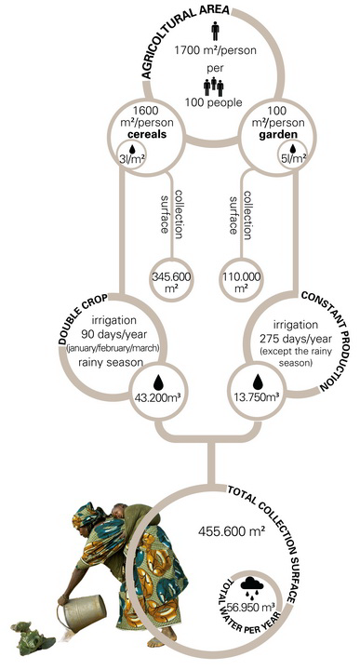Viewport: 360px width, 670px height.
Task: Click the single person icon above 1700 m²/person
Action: (x=215, y=32)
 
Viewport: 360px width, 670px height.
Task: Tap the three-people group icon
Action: (x=214, y=87)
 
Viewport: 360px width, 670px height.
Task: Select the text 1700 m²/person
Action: (x=215, y=50)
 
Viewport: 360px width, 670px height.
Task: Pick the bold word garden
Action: (x=277, y=136)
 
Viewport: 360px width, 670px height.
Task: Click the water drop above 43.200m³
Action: (x=158, y=382)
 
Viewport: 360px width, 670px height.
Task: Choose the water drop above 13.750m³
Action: (x=257, y=382)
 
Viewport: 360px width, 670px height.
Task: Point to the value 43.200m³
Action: (x=158, y=397)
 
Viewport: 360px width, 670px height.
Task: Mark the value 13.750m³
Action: (x=256, y=397)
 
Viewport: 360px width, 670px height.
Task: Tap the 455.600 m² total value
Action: (x=231, y=531)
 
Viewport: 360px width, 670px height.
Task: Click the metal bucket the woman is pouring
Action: (x=83, y=612)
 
